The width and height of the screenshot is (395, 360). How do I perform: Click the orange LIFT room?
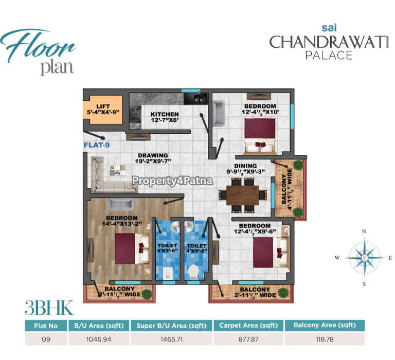(103, 110)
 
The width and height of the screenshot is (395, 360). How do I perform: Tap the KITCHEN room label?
(165, 114)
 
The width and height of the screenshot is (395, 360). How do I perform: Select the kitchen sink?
(199, 98)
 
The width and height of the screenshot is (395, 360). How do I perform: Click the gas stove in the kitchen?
(135, 114)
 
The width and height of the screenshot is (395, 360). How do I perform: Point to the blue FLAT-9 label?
(97, 145)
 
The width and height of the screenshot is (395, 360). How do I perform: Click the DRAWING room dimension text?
(153, 161)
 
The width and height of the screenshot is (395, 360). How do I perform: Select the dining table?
(243, 195)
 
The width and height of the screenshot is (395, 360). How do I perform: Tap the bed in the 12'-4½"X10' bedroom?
(260, 136)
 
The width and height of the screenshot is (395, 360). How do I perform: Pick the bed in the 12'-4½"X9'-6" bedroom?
(271, 253)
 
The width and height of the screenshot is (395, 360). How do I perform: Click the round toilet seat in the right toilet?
(194, 272)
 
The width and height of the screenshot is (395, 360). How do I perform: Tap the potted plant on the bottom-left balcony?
(147, 294)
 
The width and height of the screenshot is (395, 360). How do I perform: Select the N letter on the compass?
(364, 231)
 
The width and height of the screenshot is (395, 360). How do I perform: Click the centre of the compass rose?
(365, 258)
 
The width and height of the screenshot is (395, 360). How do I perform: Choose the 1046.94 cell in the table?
(99, 339)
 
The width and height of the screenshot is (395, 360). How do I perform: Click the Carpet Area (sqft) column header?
(248, 325)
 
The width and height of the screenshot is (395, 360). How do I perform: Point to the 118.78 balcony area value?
(325, 339)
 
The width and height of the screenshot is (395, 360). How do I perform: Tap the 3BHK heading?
(49, 308)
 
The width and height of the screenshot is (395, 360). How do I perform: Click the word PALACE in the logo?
(329, 55)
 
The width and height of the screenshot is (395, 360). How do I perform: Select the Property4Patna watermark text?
(172, 181)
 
